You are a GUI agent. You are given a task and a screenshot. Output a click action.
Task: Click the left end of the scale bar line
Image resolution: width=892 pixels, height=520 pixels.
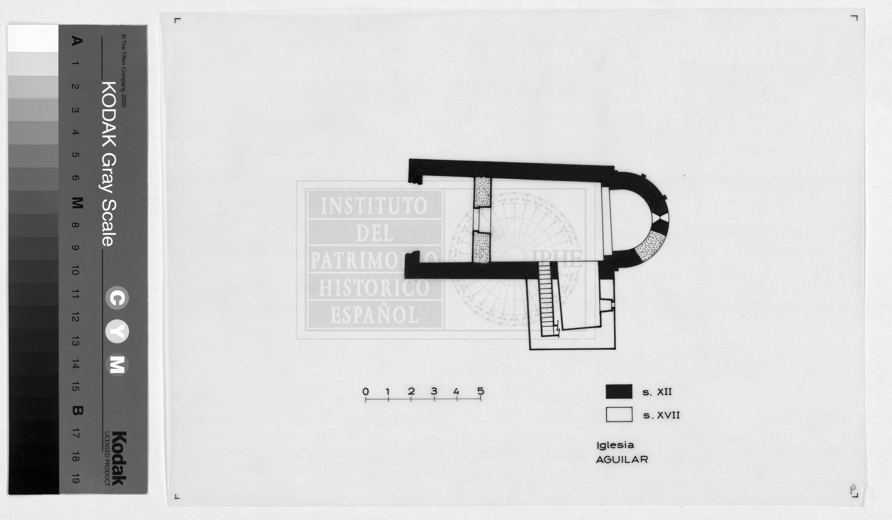tap(366, 399)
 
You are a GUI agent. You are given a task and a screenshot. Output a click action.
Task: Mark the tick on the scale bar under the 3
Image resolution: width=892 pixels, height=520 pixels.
tap(434, 399)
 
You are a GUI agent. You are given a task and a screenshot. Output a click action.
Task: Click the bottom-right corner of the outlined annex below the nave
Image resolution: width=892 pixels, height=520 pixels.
tap(615, 349)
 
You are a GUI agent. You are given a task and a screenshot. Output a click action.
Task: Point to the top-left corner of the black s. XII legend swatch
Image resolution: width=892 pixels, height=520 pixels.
tap(606, 385)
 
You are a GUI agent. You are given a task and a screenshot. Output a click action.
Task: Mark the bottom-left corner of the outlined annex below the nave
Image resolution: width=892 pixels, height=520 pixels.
tap(530, 349)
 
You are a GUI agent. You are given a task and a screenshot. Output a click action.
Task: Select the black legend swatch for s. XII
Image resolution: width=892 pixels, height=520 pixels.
tap(619, 392)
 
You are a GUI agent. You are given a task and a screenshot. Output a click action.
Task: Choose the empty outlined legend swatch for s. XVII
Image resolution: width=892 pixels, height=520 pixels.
tap(619, 415)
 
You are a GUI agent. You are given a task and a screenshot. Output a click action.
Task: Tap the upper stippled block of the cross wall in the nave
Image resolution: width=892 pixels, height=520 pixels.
tap(483, 192)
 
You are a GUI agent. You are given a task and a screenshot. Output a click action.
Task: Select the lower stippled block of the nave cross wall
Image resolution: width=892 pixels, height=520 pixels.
tap(481, 247)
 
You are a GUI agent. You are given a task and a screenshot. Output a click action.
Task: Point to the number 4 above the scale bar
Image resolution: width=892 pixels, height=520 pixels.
tap(456, 392)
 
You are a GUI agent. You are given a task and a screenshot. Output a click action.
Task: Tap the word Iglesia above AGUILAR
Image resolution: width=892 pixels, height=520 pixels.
tap(615, 445)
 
